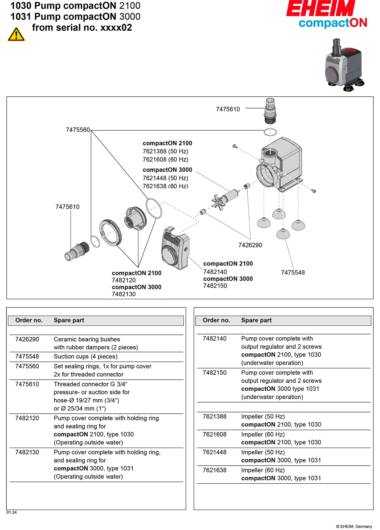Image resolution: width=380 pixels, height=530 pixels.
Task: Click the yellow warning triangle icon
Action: point(16,34)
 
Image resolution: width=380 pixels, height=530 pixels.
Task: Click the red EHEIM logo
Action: point(321,9)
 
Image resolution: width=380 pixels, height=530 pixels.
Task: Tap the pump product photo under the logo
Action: point(344,65)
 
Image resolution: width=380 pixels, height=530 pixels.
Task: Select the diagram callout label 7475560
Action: point(78,130)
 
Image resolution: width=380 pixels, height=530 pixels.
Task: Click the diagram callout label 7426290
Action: point(250,245)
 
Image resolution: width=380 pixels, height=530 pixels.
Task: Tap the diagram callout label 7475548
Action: point(293,272)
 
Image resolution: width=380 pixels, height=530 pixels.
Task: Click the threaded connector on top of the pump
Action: point(270,111)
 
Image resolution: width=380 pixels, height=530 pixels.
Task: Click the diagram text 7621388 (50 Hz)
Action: point(165,151)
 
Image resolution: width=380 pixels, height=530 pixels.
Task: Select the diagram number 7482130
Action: point(123,294)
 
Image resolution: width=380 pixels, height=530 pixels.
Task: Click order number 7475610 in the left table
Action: point(27,384)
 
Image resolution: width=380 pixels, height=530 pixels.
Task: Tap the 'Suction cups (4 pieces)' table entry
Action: point(85,357)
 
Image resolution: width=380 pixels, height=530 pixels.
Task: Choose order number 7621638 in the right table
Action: point(215,470)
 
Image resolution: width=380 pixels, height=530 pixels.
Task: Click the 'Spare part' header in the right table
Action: point(256,320)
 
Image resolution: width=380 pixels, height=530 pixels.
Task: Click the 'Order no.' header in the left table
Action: point(29,320)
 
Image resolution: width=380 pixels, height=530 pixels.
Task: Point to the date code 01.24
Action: point(12,512)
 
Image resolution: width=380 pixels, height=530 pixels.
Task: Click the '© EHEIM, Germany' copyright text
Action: point(354,527)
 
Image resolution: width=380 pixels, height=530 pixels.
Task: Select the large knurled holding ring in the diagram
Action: point(111,232)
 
